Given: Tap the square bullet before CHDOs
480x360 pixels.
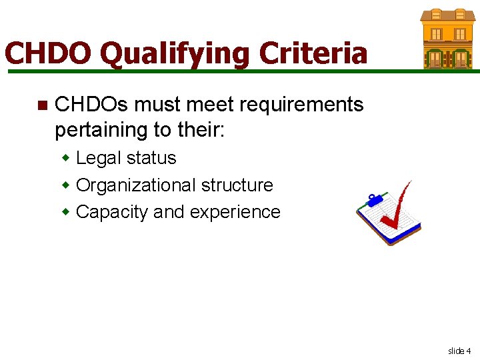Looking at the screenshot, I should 41,105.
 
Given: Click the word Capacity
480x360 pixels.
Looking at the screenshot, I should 113,211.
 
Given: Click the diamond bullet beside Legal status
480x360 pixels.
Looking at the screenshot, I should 66,158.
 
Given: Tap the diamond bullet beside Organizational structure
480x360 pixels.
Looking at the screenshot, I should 66,185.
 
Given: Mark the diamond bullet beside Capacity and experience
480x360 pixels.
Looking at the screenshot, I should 66,211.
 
